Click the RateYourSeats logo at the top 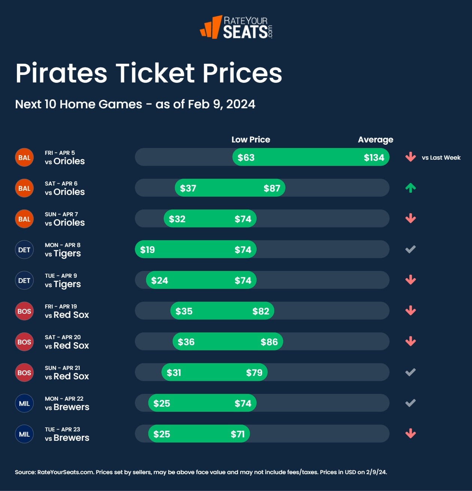[236, 27]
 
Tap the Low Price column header [251, 140]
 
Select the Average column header [375, 140]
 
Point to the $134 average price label [374, 157]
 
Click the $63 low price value [246, 157]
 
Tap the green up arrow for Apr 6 [411, 188]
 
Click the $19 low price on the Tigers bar [147, 250]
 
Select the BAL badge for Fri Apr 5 [24, 157]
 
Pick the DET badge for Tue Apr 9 [24, 280]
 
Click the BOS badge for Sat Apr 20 [24, 342]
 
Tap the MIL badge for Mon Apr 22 [24, 403]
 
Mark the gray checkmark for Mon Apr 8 [411, 249]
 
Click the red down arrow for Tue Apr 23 [411, 434]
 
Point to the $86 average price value [269, 342]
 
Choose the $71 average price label [237, 434]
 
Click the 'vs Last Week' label [441, 158]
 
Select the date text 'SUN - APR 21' [62, 368]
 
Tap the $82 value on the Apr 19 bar [261, 311]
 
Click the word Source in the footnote [25, 472]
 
